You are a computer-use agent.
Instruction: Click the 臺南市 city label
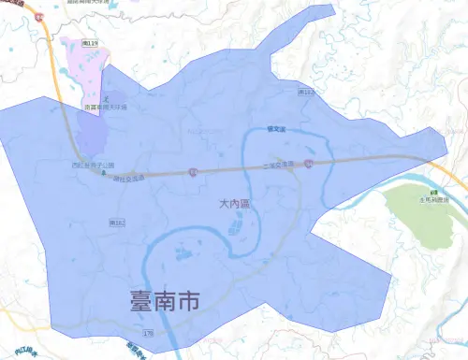point(165,301)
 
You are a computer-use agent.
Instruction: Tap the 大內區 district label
point(237,204)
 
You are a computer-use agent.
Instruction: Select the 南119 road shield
point(91,44)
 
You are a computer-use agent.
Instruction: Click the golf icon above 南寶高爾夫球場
point(107,98)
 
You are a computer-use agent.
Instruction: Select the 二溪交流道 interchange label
point(278,166)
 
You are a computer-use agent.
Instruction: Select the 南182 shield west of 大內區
point(117,223)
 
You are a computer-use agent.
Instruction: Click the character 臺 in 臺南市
point(142,301)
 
